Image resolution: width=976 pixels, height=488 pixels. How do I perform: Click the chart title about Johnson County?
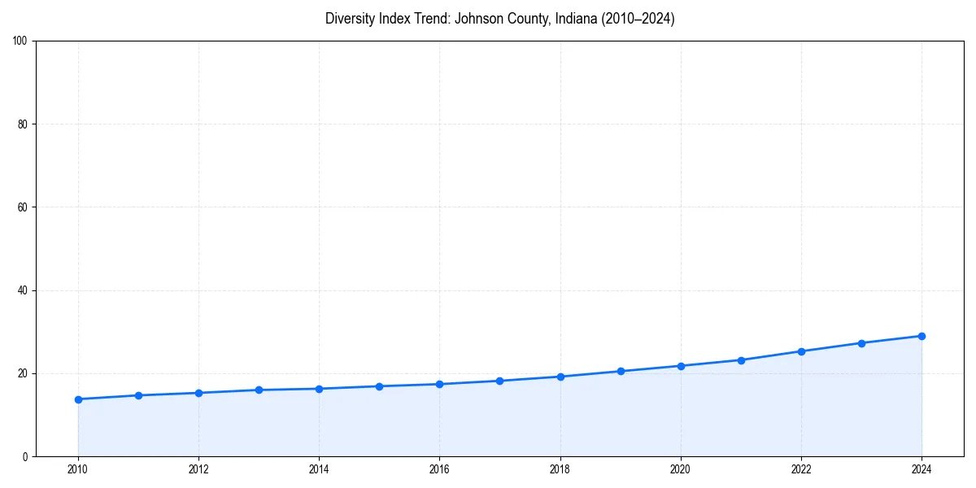click(499, 19)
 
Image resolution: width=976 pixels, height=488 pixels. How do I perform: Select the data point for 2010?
click(78, 399)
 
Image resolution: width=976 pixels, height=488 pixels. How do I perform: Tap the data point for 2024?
click(922, 336)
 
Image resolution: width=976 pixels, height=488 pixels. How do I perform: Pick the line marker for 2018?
click(560, 377)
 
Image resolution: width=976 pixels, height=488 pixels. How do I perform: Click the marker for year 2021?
click(741, 360)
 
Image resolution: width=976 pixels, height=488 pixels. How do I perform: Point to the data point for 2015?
click(379, 386)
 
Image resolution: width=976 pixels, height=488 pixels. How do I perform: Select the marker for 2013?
click(259, 390)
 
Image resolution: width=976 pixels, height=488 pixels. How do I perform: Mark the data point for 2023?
click(861, 343)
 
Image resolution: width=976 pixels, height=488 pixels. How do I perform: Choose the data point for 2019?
click(621, 371)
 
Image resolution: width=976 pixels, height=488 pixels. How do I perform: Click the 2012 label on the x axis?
click(198, 469)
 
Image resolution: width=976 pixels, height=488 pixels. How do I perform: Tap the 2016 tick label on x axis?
click(439, 469)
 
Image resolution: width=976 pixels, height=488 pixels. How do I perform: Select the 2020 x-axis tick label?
click(681, 469)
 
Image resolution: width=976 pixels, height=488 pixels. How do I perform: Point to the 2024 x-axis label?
click(922, 469)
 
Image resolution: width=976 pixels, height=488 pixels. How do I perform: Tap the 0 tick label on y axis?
click(26, 456)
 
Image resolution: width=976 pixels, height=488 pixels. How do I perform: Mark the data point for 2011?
click(138, 395)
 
